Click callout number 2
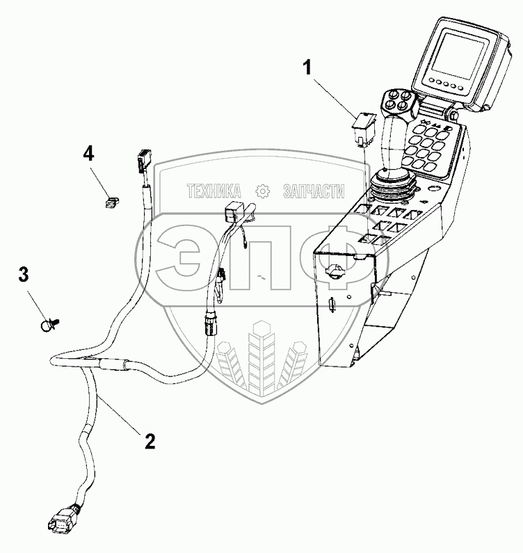148,440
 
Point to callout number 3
24,275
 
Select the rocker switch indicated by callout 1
364,126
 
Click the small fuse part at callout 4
109,202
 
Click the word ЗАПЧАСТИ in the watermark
314,190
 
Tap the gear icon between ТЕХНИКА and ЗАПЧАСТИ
262,190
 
